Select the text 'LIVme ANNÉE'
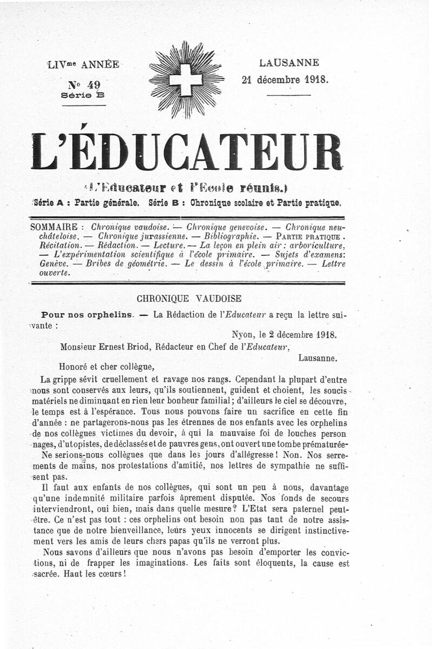83,64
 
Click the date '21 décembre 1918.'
285,79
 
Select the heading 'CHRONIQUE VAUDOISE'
189,298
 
